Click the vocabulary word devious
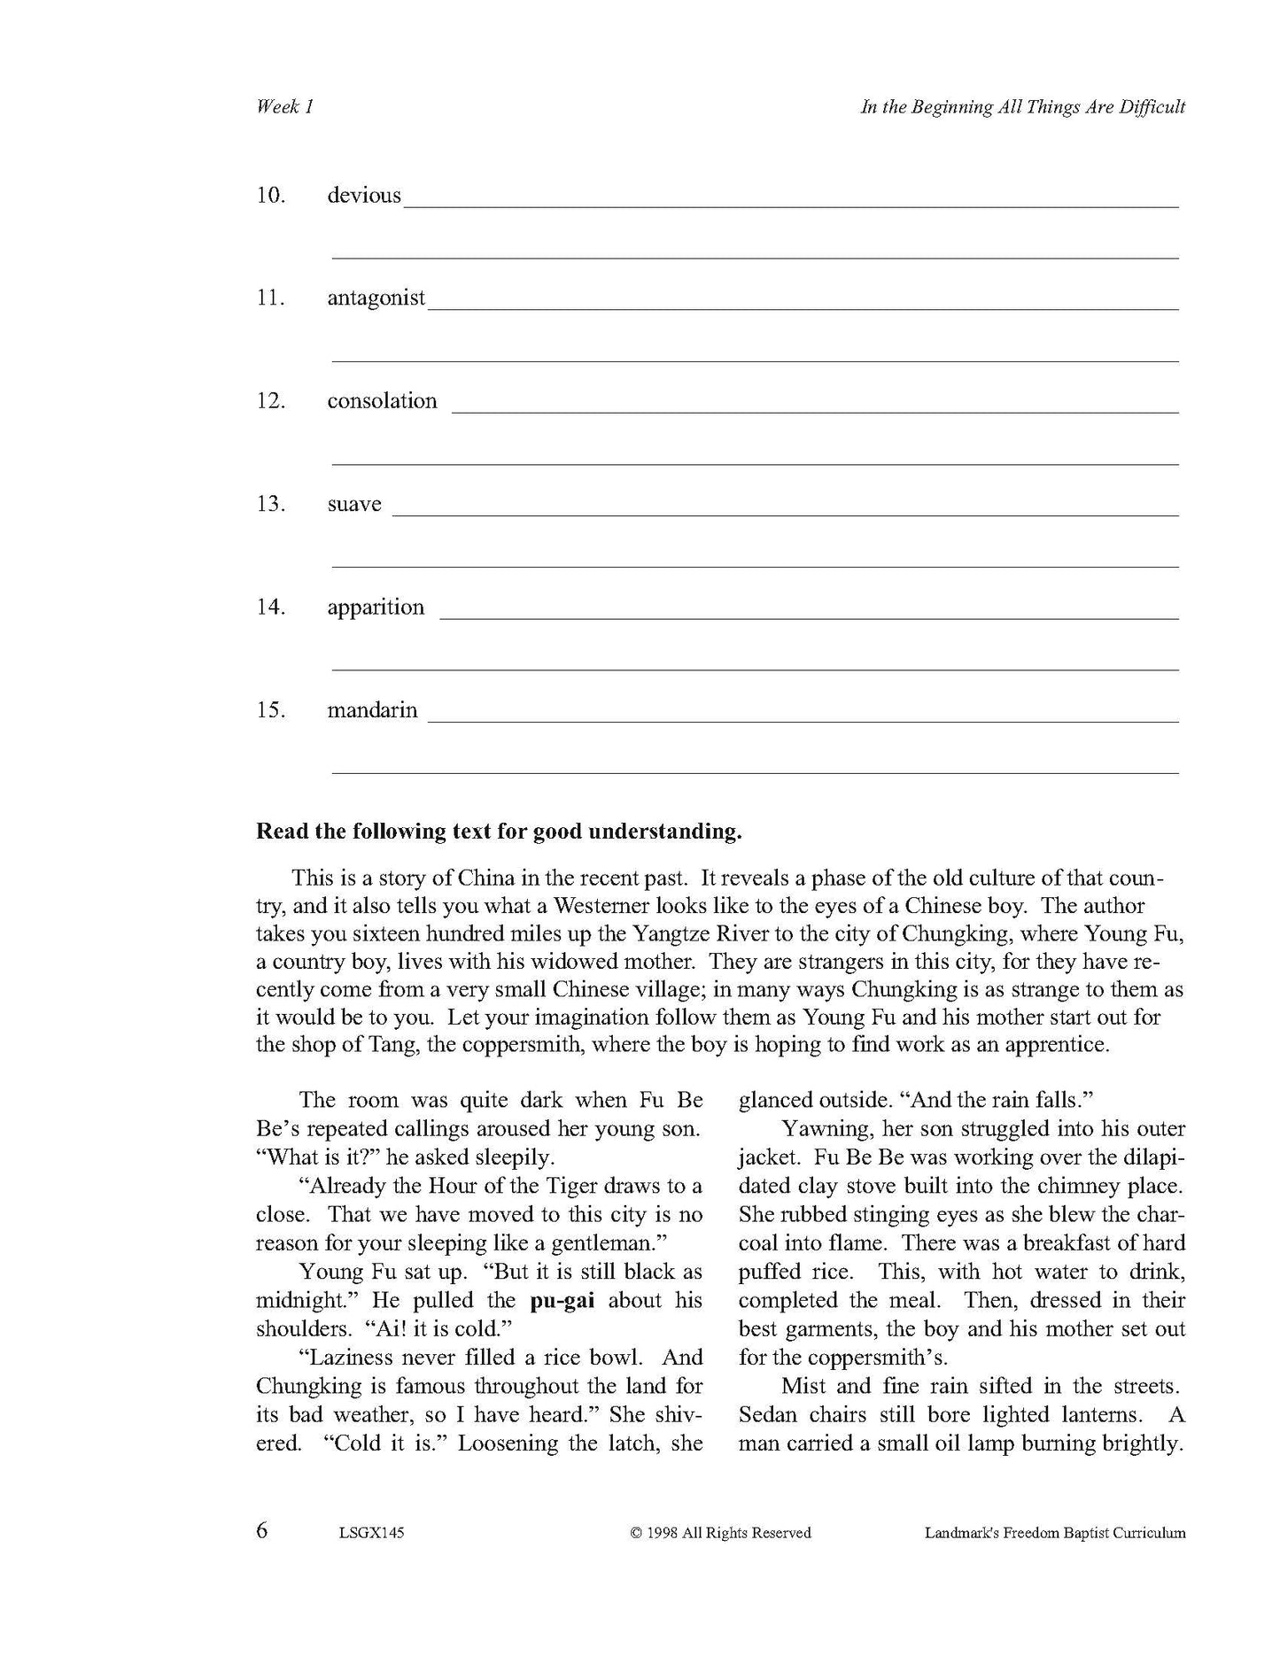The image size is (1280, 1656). click(364, 196)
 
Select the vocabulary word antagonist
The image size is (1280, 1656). click(376, 298)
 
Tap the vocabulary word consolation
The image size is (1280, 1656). click(382, 401)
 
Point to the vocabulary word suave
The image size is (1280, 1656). click(354, 505)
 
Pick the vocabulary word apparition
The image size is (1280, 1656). click(376, 607)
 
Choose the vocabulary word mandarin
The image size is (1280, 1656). click(372, 710)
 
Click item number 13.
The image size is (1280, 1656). click(270, 505)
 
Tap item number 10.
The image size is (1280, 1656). click(270, 196)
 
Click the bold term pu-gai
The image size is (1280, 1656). click(562, 1301)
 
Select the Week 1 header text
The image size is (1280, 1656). click(284, 107)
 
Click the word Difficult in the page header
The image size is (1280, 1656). click(1152, 107)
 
